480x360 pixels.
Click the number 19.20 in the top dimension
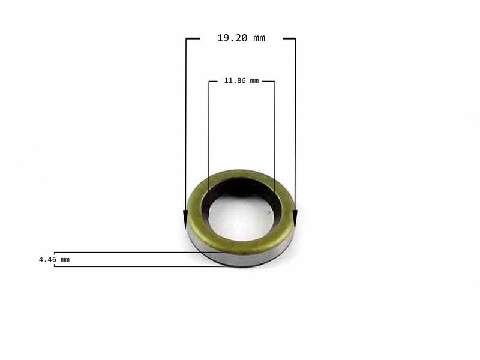[232, 38]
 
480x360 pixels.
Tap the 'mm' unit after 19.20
[259, 38]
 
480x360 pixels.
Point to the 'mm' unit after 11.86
[254, 80]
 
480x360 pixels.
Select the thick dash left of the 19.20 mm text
[193, 38]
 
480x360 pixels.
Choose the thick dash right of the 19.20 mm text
[289, 38]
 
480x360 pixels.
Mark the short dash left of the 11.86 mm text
[215, 81]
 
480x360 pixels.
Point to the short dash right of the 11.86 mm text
[268, 81]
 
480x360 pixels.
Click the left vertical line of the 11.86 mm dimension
[209, 132]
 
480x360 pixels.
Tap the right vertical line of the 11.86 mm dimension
[274, 132]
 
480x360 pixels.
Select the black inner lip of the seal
[240, 187]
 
